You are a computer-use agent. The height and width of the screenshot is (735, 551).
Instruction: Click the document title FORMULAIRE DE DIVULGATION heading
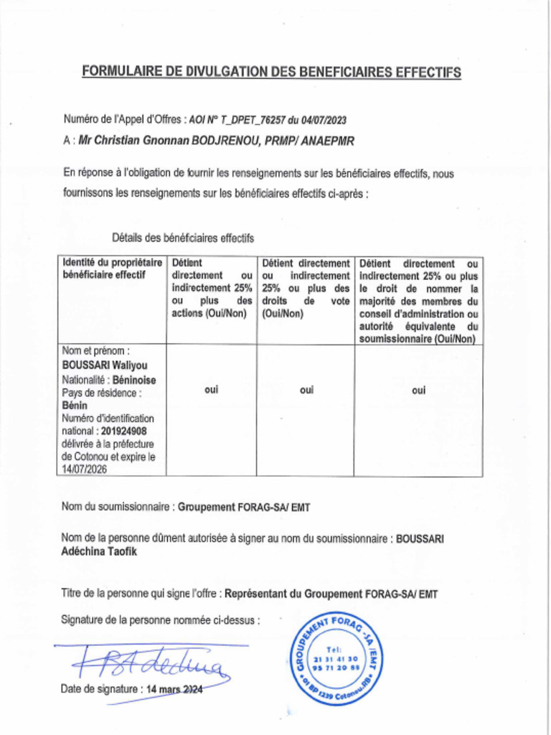coord(271,72)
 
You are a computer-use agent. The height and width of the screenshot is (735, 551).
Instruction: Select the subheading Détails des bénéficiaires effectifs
coord(183,238)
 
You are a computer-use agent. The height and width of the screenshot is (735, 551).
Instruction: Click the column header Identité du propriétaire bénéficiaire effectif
coord(112,268)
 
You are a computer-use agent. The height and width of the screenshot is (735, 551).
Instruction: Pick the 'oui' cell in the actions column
coord(212,390)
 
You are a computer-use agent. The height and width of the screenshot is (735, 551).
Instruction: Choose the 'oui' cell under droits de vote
coord(306,390)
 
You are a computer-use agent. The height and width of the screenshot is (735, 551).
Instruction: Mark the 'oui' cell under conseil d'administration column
coord(419,390)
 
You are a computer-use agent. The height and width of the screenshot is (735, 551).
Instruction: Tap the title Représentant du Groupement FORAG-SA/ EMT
coord(331,594)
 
